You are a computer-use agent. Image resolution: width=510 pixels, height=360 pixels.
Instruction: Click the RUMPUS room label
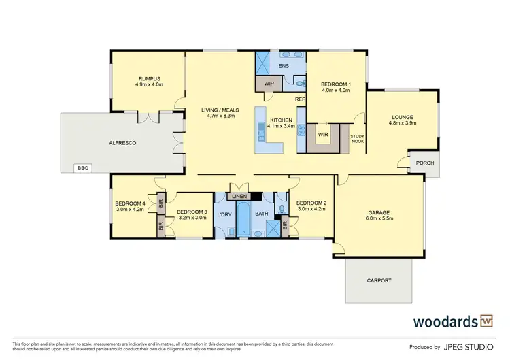(x=149, y=78)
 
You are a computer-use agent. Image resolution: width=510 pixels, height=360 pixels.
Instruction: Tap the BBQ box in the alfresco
(x=84, y=167)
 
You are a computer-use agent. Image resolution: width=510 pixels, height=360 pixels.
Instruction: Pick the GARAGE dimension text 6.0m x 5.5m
(x=379, y=218)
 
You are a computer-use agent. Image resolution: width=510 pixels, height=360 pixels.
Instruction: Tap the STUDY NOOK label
(x=357, y=139)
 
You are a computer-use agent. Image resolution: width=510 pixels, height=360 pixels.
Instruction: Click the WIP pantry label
(x=269, y=84)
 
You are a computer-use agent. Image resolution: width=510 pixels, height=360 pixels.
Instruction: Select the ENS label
(x=285, y=66)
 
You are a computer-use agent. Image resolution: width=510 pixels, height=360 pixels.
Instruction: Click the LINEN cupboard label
(x=239, y=197)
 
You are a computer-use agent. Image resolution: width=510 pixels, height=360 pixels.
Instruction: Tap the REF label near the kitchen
(x=299, y=100)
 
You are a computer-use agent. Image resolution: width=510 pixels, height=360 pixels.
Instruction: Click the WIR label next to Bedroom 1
(x=323, y=134)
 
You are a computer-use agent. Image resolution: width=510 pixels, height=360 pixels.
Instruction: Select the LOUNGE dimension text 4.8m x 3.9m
(x=402, y=123)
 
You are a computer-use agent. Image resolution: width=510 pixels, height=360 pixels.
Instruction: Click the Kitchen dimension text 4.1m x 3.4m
(x=281, y=125)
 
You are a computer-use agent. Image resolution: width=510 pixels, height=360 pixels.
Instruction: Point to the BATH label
(x=262, y=214)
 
